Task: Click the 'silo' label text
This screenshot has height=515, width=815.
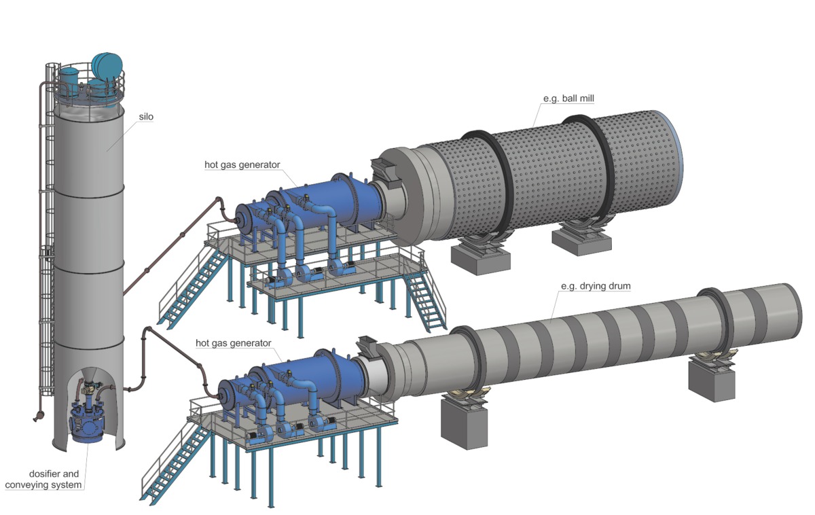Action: click(x=146, y=117)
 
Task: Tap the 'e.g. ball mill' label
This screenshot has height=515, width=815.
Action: click(x=568, y=99)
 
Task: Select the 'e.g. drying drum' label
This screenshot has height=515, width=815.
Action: click(x=596, y=286)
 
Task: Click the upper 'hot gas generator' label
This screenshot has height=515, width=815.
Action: click(x=242, y=165)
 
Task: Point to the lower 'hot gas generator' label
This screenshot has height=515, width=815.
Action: click(x=233, y=343)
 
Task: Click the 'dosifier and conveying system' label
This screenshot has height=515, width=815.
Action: click(x=43, y=480)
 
